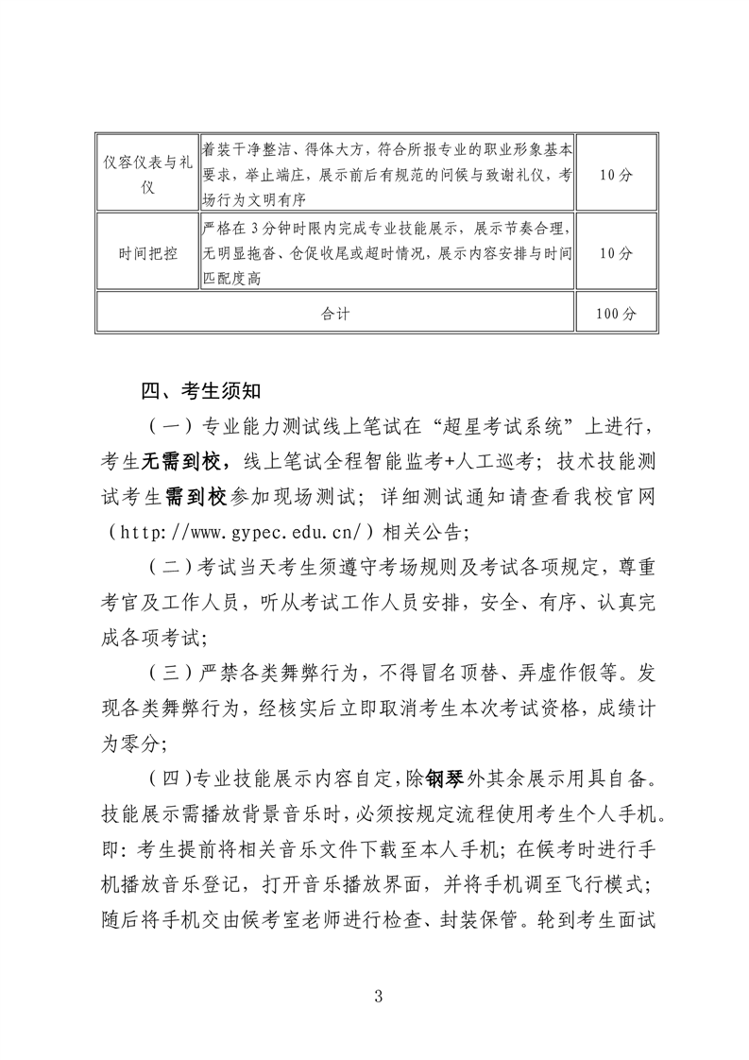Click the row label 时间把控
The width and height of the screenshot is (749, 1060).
click(147, 253)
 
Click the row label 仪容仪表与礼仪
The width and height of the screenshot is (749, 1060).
click(147, 175)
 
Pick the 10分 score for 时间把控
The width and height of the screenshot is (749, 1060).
click(616, 253)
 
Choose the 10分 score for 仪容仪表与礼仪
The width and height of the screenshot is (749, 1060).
click(616, 175)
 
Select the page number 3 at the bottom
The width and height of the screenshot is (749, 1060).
click(376, 996)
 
